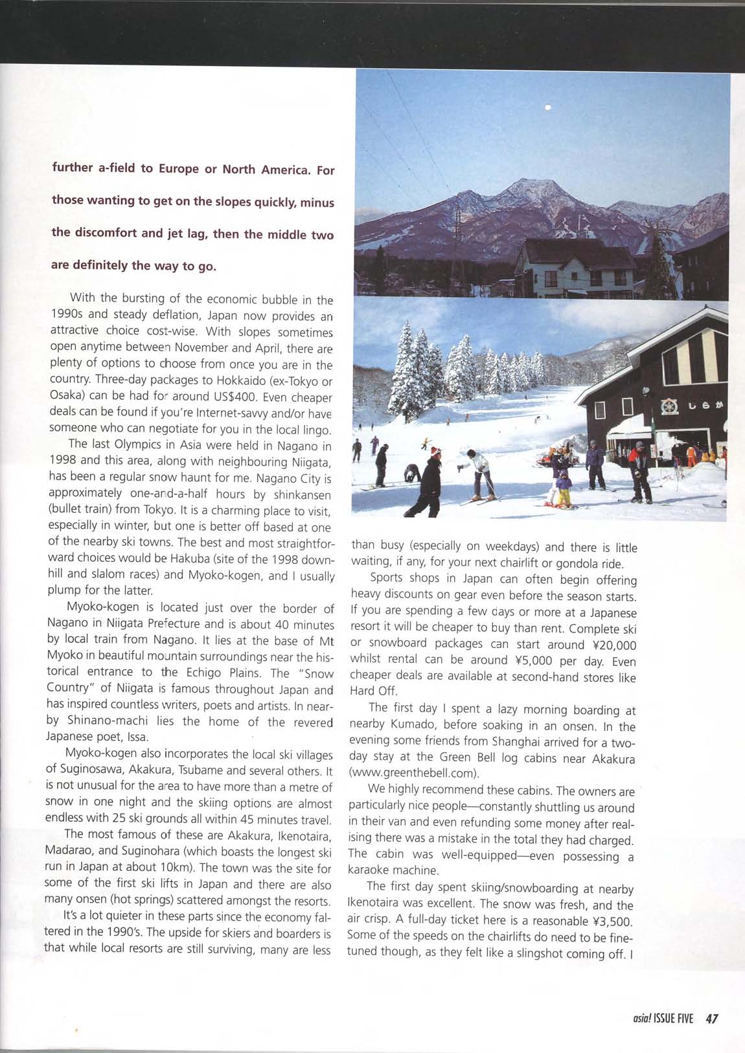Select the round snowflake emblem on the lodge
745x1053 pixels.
click(x=669, y=407)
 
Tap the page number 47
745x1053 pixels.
click(x=712, y=1019)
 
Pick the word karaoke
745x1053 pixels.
click(x=371, y=870)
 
